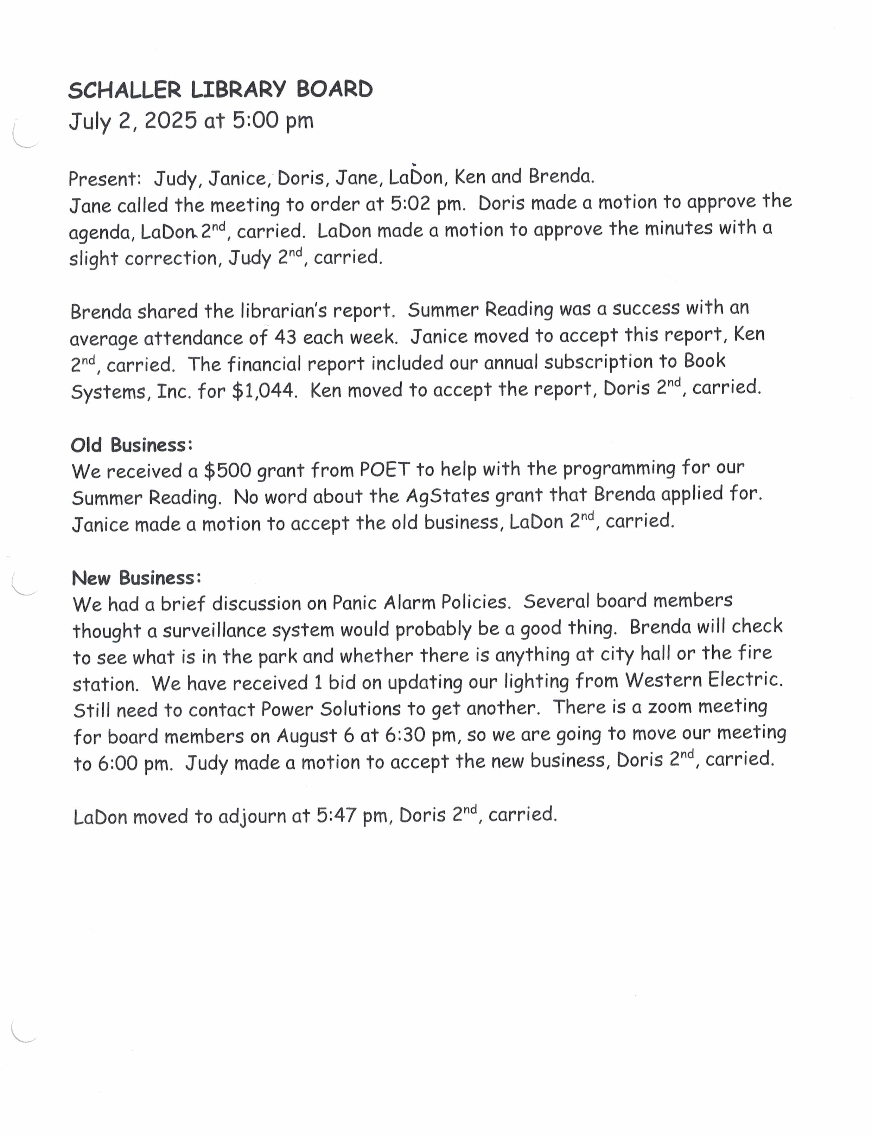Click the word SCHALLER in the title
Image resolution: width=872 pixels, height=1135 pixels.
125,90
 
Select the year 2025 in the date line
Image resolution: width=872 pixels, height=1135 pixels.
171,121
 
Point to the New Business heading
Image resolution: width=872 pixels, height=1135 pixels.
136,578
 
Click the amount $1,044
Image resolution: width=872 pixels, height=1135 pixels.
264,391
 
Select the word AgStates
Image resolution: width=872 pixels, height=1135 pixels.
447,496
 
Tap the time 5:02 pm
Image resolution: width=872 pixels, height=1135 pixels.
427,204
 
